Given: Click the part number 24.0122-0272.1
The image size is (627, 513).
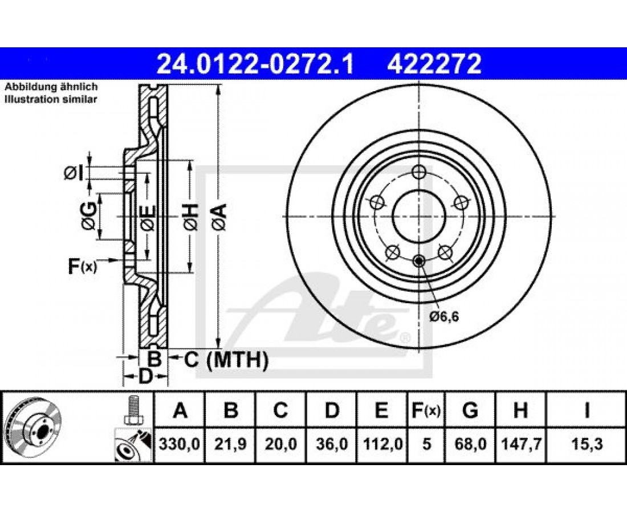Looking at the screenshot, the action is pos(255,64).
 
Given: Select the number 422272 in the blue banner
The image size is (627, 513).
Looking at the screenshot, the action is pos(433,64).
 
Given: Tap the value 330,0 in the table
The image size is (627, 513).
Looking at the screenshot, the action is pos(180,444).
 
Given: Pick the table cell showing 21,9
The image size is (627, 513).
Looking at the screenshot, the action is pos(230,444).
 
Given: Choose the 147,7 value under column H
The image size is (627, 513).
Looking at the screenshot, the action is pos(521,444).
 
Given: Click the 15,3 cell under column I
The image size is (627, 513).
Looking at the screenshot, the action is pos(587,444).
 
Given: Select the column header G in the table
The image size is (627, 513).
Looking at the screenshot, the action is pos(470,410).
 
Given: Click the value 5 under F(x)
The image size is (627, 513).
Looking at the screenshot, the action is pos(427,444).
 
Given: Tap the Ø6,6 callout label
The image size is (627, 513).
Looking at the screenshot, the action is pos(444,317).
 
